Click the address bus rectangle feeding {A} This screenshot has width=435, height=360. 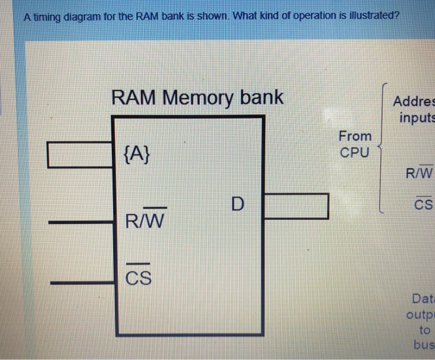coord(80,155)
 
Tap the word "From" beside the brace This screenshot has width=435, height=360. coord(355,136)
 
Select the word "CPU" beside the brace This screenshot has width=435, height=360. coord(354,152)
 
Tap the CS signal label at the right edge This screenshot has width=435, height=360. coord(423,204)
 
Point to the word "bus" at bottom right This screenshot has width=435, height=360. coord(424,344)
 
